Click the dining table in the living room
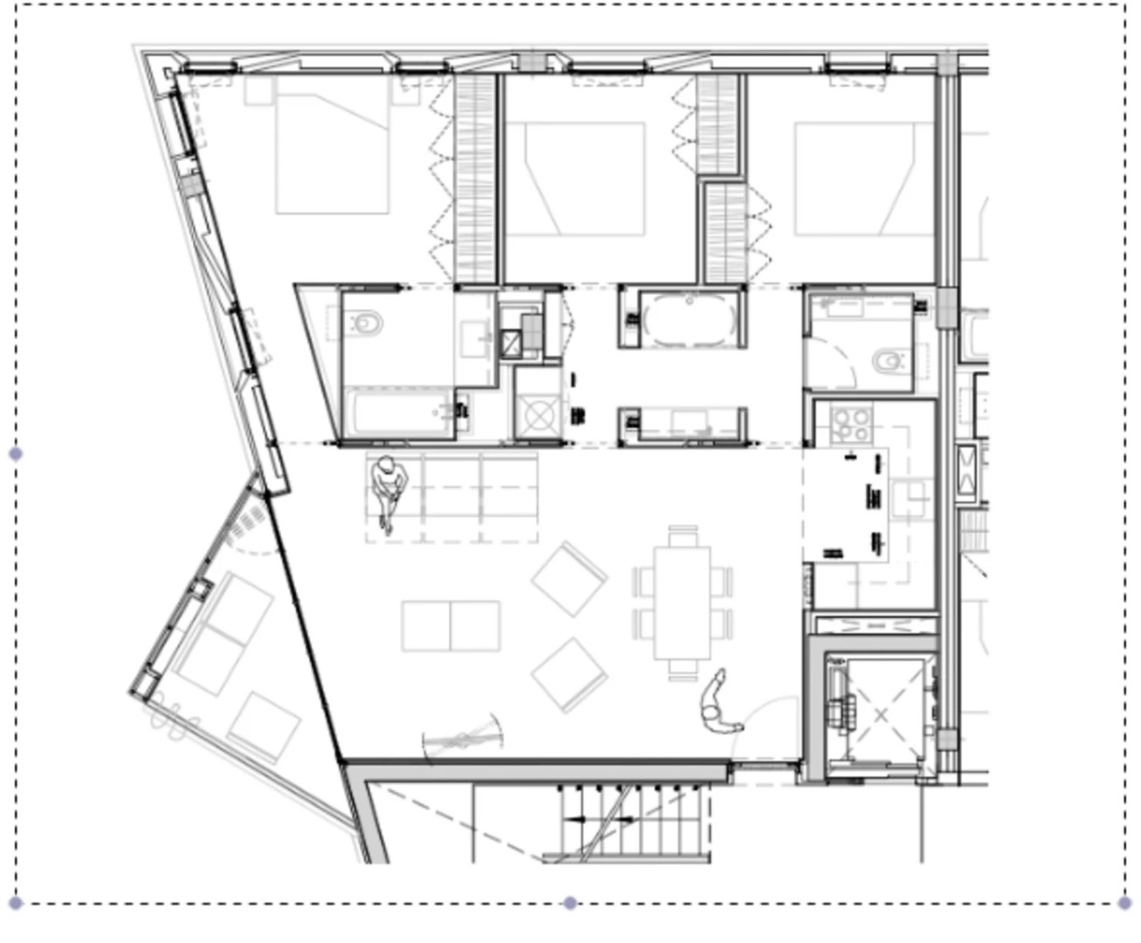pos(683,602)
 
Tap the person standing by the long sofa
pos(388,491)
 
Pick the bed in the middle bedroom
pos(575,178)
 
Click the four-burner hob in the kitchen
pos(850,424)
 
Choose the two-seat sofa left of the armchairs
pos(450,625)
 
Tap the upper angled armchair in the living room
pos(569,579)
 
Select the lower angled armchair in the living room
pos(569,675)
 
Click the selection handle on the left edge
pos(15,453)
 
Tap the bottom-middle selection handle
pos(570,903)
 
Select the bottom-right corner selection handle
pos(1124,903)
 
